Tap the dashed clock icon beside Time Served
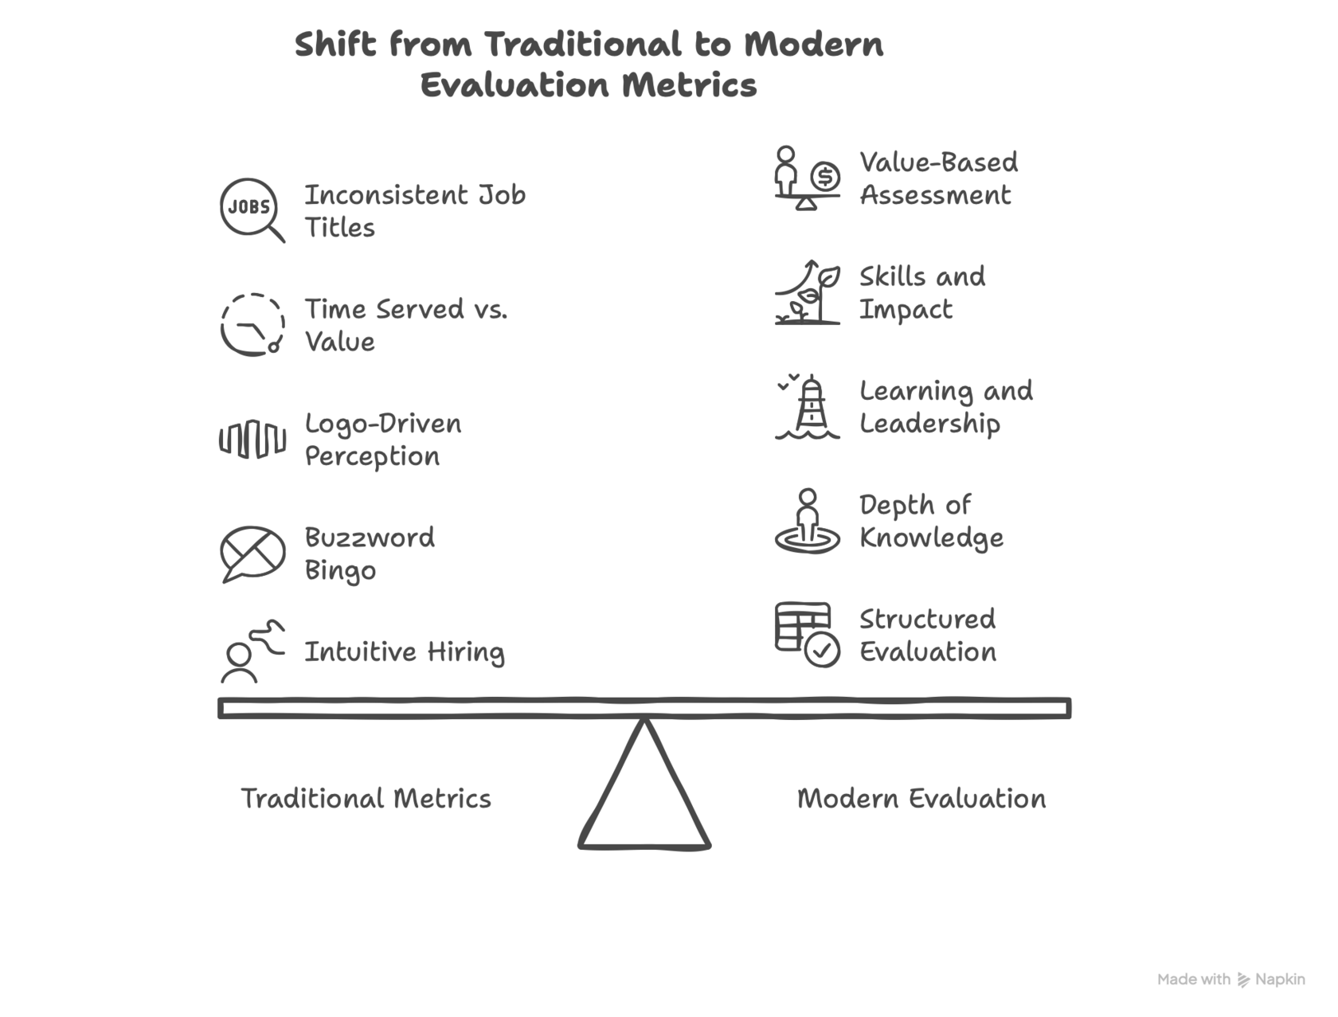click(252, 324)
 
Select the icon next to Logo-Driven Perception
click(252, 439)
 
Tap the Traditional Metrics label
click(366, 798)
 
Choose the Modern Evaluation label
click(921, 798)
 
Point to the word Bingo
click(340, 571)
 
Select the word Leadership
click(929, 424)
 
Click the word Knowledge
click(931, 538)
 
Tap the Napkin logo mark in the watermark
click(1245, 980)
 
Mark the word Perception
click(372, 457)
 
